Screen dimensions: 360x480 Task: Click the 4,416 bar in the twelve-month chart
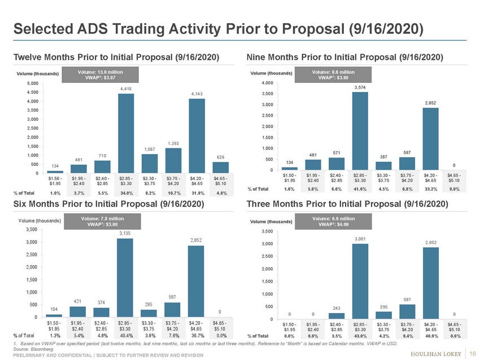coord(126,133)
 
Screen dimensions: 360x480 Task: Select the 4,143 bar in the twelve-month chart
coord(197,135)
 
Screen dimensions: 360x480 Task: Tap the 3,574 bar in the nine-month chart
coord(360,130)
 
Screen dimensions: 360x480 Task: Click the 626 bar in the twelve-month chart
coord(221,168)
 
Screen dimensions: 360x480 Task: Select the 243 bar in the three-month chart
coord(336,316)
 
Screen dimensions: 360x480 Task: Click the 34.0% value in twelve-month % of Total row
coord(126,192)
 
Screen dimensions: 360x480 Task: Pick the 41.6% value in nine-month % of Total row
coord(360,189)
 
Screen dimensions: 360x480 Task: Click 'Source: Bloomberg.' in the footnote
coord(29,348)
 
